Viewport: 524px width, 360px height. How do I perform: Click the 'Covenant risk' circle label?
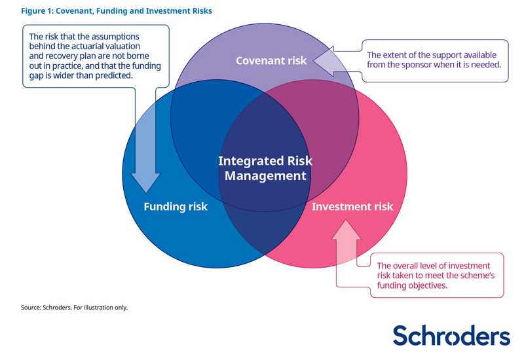tap(271, 61)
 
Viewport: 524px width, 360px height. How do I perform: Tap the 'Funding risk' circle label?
tap(175, 207)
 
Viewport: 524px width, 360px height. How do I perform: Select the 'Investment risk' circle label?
tap(352, 207)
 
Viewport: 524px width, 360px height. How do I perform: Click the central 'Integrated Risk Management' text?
tap(265, 168)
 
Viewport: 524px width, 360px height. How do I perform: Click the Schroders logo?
tap(451, 335)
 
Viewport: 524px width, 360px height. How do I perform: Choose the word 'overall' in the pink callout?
tap(408, 265)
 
